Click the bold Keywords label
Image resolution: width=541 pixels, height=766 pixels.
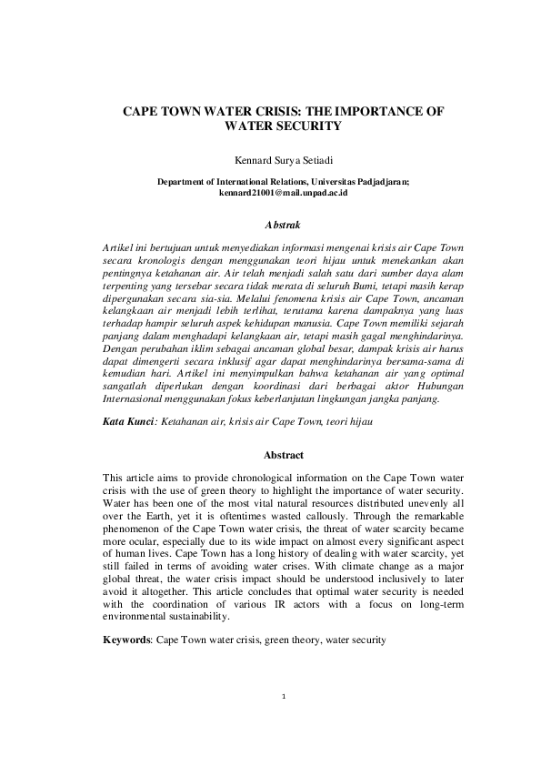tap(127, 640)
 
